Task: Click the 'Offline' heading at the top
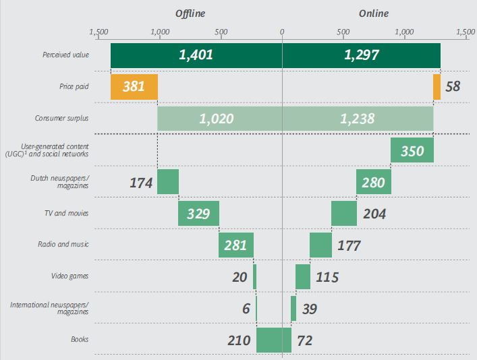coord(190,13)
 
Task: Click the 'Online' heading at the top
coord(374,13)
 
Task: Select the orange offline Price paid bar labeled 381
coord(134,87)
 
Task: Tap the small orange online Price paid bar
coord(437,87)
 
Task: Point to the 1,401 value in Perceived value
coord(196,55)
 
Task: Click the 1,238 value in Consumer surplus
coord(358,119)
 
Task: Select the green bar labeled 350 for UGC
coord(412,151)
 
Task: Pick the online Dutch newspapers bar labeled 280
coord(373,182)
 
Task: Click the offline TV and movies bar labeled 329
coord(198,214)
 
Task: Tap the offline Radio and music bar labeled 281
coord(235,245)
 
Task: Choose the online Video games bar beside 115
coord(303,276)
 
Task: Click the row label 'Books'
coord(80,340)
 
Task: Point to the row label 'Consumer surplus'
coord(62,119)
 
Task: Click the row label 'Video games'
coord(70,276)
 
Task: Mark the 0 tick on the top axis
coord(282,32)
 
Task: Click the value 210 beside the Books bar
coord(239,340)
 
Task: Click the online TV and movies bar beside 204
coord(343,214)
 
